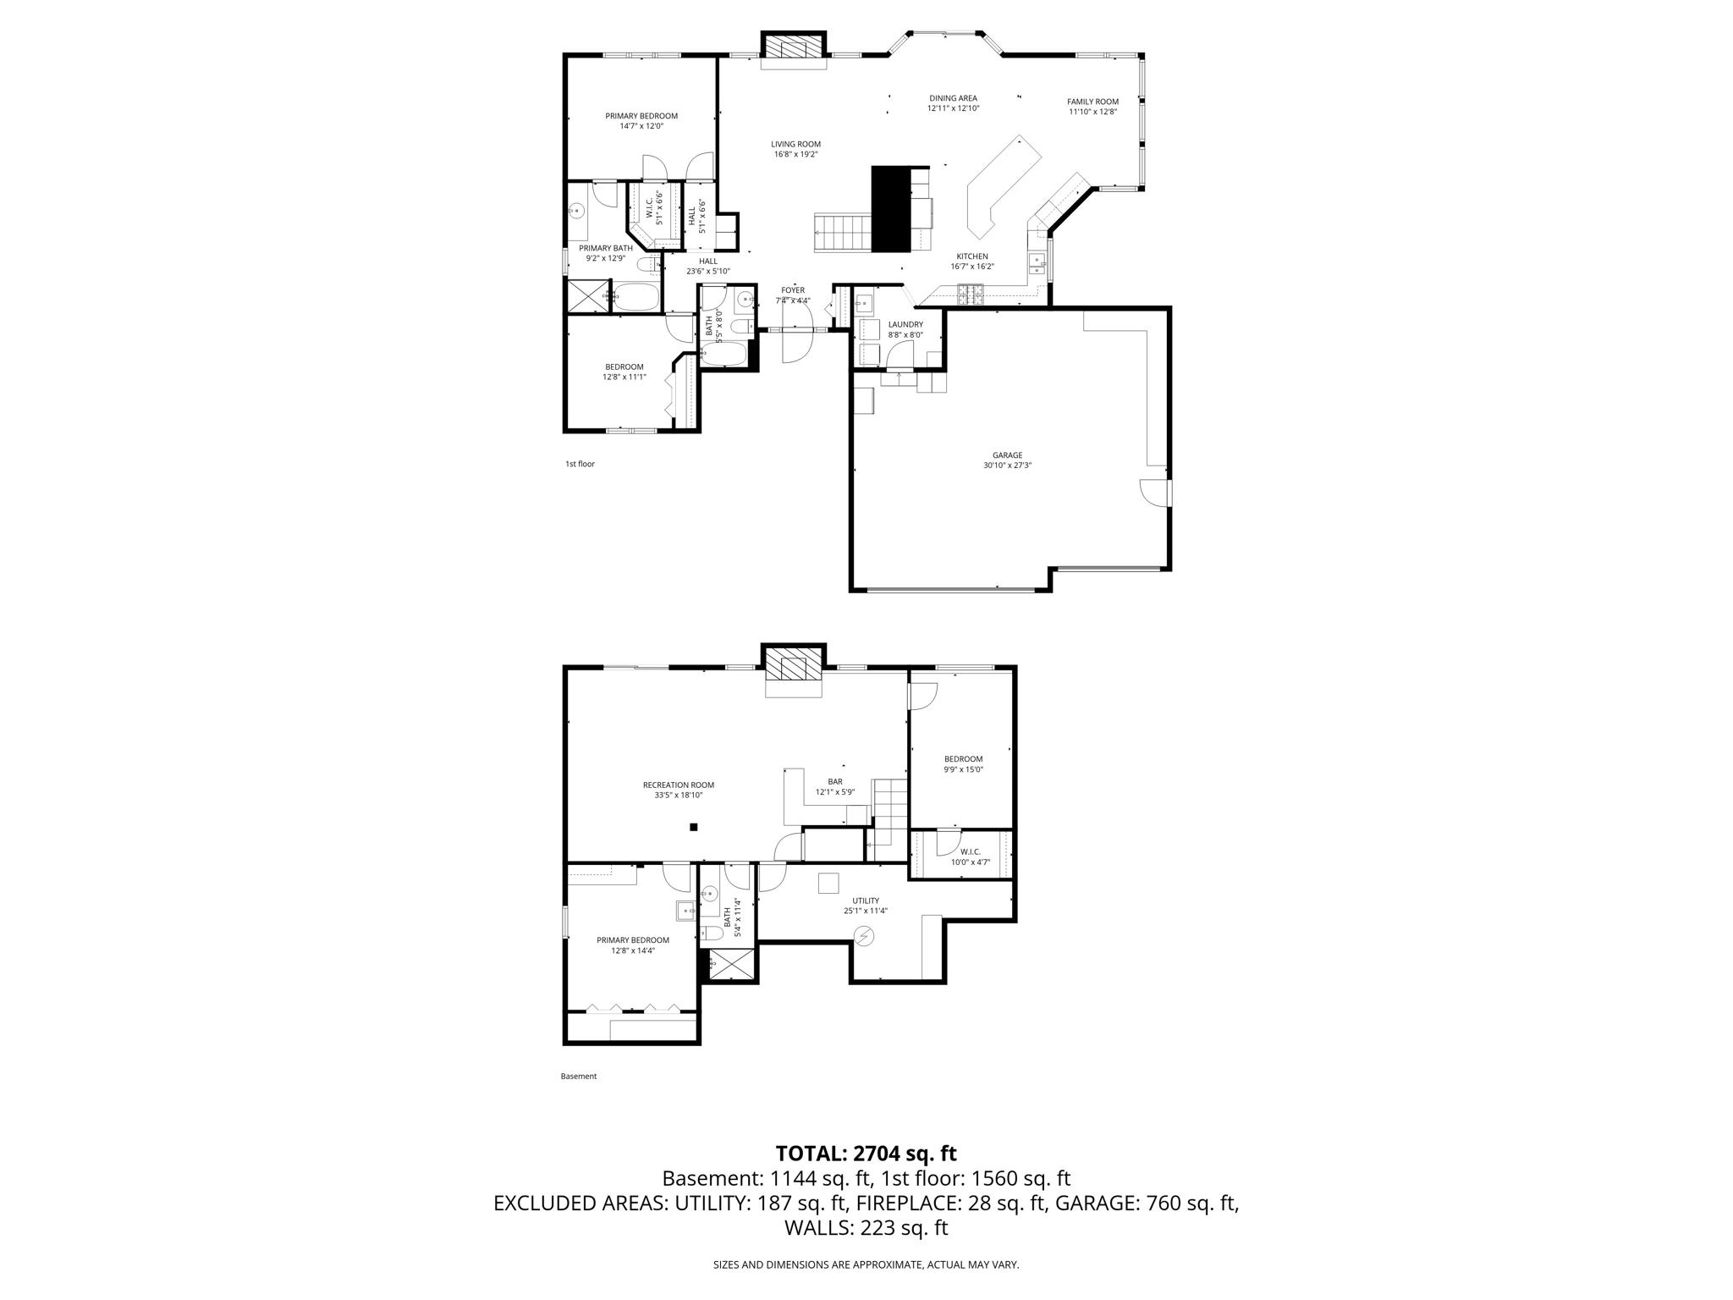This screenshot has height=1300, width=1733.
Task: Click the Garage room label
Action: pos(1007,455)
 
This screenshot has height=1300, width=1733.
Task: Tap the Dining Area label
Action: pos(953,98)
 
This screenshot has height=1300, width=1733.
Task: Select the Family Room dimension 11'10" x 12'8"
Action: pos(1092,112)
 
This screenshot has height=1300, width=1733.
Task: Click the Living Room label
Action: pos(795,144)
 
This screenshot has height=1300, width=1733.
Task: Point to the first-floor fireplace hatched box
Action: pos(793,46)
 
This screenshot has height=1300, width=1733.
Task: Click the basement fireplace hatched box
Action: pos(793,669)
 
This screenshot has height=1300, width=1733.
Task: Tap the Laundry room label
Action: pos(905,324)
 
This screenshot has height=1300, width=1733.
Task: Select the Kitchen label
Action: pos(972,256)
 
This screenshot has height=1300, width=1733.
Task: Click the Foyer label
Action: pos(793,290)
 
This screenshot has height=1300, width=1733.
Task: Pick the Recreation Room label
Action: pos(678,785)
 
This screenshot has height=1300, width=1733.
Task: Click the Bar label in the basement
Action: pos(835,782)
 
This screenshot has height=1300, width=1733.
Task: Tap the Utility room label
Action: pos(866,901)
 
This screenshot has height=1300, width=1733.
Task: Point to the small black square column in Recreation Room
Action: pos(693,827)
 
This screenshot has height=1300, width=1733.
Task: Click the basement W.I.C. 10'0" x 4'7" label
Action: pos(970,857)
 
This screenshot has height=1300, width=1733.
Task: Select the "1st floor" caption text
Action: pos(580,464)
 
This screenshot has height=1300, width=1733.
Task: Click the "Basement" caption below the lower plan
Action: pos(579,1077)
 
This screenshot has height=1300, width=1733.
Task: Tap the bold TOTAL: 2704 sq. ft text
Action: pos(866,1154)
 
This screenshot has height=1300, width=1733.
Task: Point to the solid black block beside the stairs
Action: pos(890,208)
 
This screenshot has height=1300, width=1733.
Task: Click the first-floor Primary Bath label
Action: pos(606,248)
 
